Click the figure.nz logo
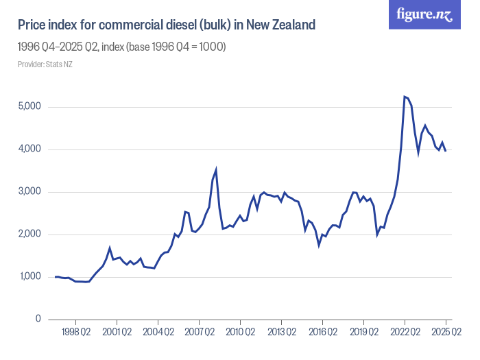425,14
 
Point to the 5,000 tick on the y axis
29,107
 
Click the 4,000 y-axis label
29,149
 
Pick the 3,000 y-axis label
29,192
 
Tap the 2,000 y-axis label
29,235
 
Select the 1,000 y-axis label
29,277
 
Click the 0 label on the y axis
39,320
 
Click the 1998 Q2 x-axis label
75,333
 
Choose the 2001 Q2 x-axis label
117,333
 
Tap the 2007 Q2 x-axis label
199,333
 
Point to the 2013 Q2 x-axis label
281,333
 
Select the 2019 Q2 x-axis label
363,333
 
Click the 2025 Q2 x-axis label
446,333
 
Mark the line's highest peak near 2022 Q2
405,97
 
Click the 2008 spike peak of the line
216,169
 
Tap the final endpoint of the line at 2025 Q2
446,151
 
